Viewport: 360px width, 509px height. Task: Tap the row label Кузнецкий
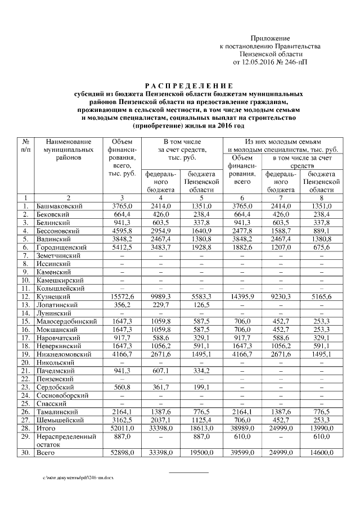click(x=52, y=296)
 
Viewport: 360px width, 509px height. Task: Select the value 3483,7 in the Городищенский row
click(x=161, y=247)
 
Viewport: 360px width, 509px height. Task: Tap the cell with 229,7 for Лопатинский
click(x=161, y=305)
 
